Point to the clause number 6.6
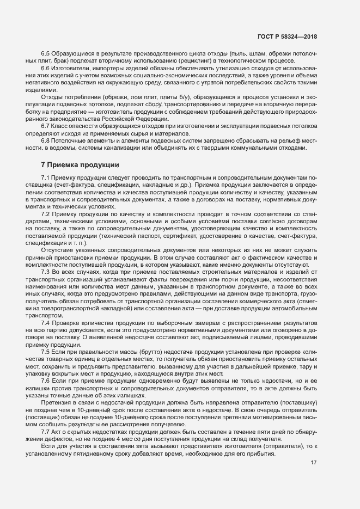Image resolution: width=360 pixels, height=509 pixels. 46,69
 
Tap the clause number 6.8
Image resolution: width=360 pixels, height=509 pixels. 46,140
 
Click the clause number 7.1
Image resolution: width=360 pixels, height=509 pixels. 46,179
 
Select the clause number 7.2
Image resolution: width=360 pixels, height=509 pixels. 46,214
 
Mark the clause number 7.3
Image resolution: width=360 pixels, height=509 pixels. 46,271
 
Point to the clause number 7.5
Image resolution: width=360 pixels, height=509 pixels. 46,352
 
